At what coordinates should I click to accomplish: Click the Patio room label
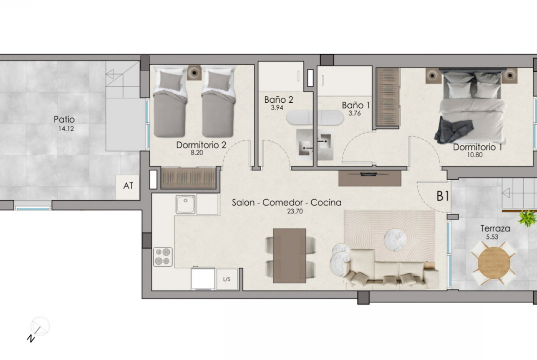tap(64, 119)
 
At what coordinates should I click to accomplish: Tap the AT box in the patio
tap(128, 187)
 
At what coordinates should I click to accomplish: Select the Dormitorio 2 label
tap(201, 145)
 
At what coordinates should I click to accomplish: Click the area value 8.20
tap(197, 153)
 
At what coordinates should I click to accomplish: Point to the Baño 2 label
tap(279, 100)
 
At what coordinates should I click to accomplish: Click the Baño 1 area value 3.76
tap(354, 113)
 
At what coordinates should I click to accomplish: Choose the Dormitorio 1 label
tap(477, 147)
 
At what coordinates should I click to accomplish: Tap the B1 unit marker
tap(442, 196)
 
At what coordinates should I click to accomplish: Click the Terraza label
tap(495, 228)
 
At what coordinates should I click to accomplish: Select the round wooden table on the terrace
tap(493, 262)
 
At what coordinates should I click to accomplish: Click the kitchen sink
tap(185, 204)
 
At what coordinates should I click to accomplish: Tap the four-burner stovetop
tap(162, 257)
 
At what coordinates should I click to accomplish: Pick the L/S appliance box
tap(227, 279)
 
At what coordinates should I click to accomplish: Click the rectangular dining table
tap(290, 255)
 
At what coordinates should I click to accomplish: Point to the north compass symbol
tap(39, 328)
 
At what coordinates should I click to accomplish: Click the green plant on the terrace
tap(528, 218)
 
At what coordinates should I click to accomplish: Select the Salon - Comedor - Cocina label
tap(286, 203)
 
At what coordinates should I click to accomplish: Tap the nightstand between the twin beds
tap(194, 72)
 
